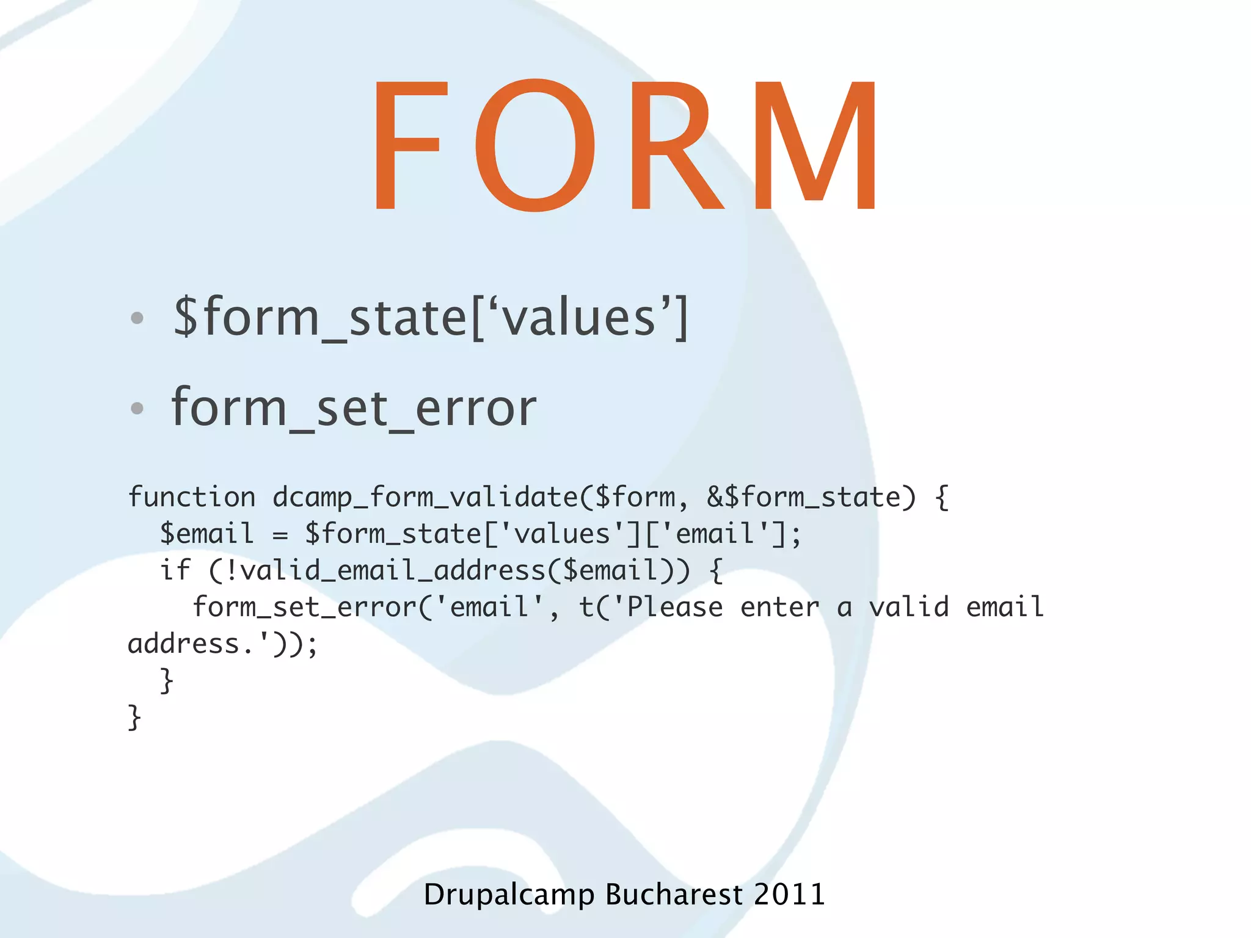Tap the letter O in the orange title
click(535, 145)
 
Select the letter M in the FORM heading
click(815, 145)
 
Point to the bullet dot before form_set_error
click(137, 408)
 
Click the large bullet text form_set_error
click(354, 408)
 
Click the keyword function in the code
click(192, 497)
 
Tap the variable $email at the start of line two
click(206, 534)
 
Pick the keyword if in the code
click(175, 570)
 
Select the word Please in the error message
click(675, 607)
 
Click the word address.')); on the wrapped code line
click(223, 644)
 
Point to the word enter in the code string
click(779, 607)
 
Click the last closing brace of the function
click(134, 717)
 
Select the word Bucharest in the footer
click(674, 895)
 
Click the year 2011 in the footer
click(789, 895)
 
